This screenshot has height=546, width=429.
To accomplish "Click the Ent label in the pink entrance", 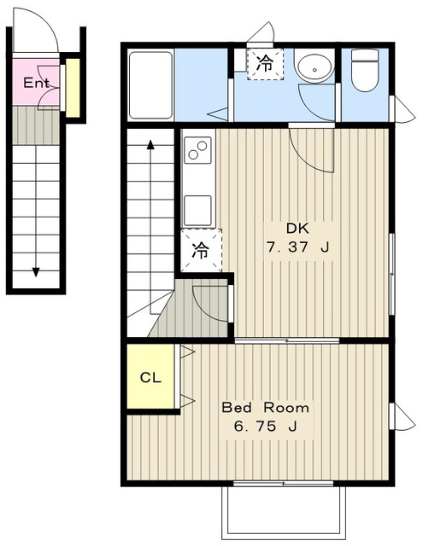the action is coord(36,83).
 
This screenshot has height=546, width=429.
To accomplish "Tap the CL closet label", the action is coord(150,377).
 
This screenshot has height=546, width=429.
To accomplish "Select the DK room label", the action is coord(297,229).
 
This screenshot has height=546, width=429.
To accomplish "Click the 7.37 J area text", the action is coord(298,247).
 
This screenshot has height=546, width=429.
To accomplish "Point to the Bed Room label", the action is coord(266,407).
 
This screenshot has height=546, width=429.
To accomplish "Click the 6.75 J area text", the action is coord(266,426).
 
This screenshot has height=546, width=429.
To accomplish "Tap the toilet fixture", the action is coord(365,70).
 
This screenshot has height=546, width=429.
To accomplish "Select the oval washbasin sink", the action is coord(314,68).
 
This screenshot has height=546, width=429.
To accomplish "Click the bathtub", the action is coord(150,85).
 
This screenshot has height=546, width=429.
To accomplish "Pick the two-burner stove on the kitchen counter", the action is coord(197,150).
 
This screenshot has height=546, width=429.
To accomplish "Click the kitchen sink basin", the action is coord(197,211).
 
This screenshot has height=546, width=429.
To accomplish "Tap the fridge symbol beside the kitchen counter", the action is coord(201,250).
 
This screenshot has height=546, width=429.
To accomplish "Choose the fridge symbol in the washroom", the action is coord(265,64).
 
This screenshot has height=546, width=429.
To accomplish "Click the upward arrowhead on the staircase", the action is coord(150,144).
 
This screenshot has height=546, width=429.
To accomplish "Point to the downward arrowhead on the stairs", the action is coord(36,272).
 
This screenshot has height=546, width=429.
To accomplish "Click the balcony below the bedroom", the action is coord(283,512).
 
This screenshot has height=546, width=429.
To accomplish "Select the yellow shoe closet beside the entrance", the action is coord(73,87).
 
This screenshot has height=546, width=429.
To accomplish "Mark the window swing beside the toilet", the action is coord(403,108).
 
